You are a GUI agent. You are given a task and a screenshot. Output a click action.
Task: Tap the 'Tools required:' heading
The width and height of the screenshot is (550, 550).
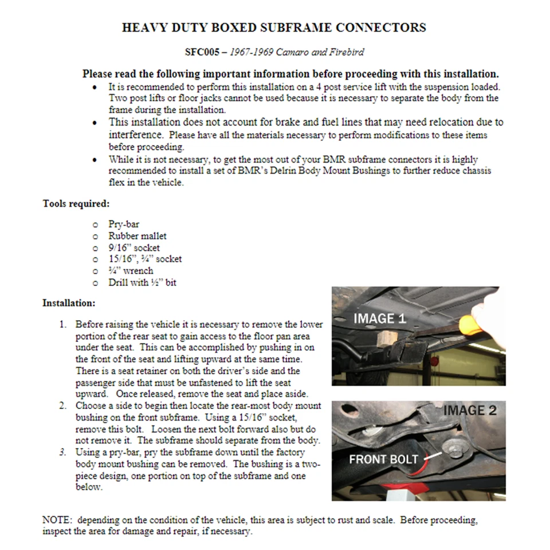tap(76, 203)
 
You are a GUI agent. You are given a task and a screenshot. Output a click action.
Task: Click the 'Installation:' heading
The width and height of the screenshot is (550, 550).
tap(69, 302)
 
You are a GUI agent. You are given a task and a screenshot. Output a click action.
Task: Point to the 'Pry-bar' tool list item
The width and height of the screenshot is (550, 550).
tap(124, 225)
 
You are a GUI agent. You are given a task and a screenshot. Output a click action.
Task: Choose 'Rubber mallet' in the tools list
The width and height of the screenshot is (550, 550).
tap(137, 236)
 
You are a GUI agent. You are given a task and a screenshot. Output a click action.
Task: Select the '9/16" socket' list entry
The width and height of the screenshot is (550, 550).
tap(134, 247)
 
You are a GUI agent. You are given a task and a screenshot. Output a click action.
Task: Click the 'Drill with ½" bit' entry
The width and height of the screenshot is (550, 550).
tap(142, 282)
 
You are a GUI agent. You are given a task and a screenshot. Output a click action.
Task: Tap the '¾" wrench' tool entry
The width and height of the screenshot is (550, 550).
tap(131, 270)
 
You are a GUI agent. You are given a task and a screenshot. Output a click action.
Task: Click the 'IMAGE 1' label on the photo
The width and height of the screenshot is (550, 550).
tap(379, 319)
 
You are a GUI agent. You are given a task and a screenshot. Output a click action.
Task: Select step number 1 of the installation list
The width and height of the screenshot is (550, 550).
tap(63, 325)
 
